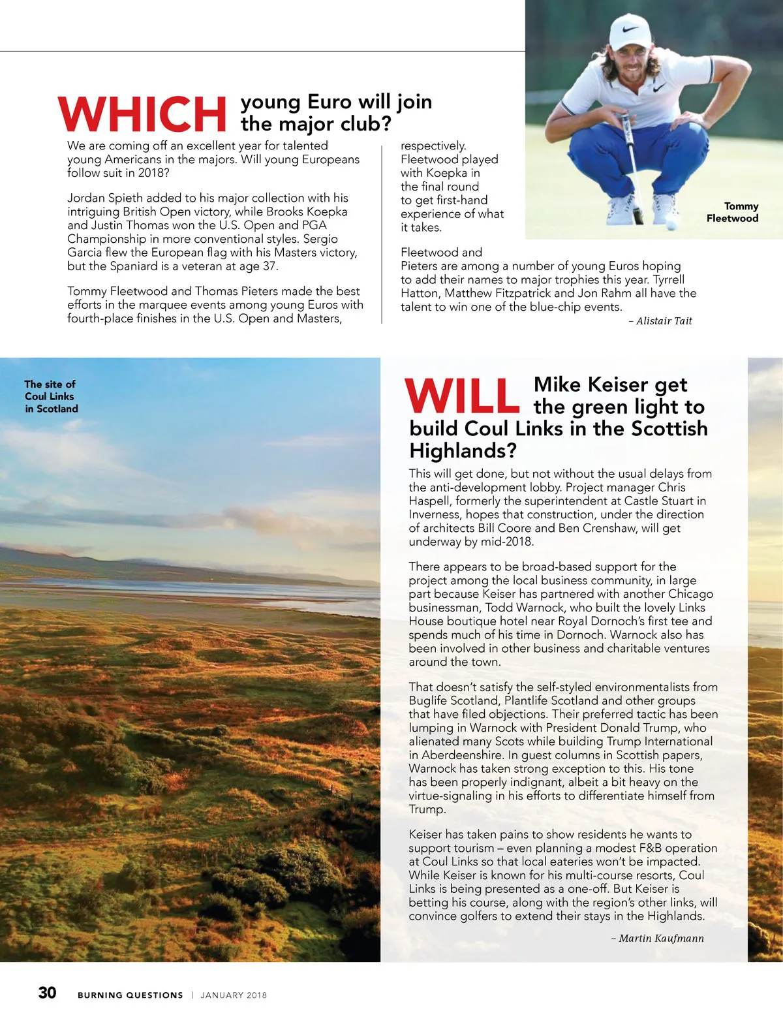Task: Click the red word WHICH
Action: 142,115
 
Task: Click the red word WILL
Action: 462,396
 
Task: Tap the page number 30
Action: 48,993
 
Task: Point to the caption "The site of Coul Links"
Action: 51,396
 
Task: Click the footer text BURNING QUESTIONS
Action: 130,995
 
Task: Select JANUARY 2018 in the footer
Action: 234,995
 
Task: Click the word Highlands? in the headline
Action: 463,450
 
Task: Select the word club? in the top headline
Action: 361,123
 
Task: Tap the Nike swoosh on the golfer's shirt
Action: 660,87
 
